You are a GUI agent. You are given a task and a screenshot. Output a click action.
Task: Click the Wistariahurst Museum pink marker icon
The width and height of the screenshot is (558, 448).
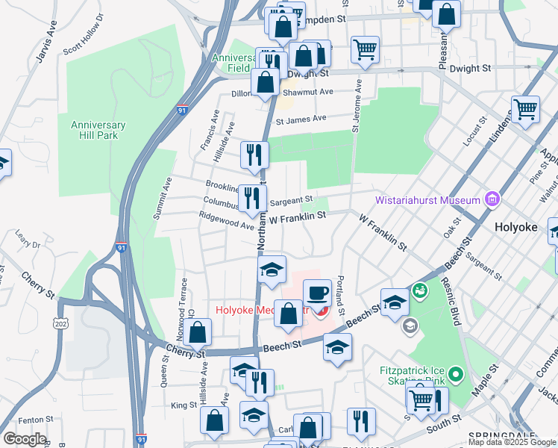coord(491,199)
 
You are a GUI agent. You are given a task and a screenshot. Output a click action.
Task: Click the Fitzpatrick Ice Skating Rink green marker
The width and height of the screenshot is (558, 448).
coord(457,373)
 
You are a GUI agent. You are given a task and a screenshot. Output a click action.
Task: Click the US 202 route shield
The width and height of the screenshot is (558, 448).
coord(61,322)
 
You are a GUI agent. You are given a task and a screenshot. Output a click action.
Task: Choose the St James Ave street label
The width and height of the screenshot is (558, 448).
coord(301,119)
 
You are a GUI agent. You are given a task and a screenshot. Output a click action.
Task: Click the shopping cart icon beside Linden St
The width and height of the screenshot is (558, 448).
coord(526,109)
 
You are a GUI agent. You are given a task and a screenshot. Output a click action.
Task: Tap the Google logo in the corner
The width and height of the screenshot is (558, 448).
coord(25,439)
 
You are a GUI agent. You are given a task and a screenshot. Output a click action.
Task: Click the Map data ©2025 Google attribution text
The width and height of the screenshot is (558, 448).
coord(512,442)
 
